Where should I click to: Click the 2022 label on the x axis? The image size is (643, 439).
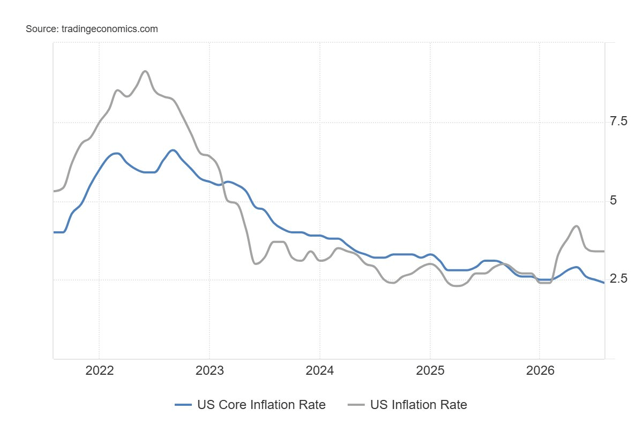(99, 371)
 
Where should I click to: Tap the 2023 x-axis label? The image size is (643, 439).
(210, 371)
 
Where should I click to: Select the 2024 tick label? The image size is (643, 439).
(319, 371)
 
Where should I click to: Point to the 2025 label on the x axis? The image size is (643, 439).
(430, 371)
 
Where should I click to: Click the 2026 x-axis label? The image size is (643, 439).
(540, 371)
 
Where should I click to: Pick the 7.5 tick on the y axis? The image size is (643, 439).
(618, 122)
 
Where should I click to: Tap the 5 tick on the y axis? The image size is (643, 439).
(613, 200)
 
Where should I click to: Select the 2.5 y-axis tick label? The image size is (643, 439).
(618, 278)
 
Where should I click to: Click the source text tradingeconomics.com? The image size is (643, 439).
(110, 29)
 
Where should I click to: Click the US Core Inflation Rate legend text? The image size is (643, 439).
(261, 405)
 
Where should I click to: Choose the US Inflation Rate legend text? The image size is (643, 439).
(418, 405)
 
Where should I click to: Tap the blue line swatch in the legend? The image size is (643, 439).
(183, 405)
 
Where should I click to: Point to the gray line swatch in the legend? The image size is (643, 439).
(356, 405)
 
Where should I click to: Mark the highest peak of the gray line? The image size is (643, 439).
(145, 71)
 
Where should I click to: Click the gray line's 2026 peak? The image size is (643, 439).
(576, 226)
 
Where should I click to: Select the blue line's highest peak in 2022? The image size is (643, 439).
(173, 150)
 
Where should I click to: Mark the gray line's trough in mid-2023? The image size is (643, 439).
(256, 263)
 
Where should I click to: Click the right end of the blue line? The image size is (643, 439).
(604, 283)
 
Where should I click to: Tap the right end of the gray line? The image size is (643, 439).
(604, 252)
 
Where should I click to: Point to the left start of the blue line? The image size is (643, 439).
(54, 232)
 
